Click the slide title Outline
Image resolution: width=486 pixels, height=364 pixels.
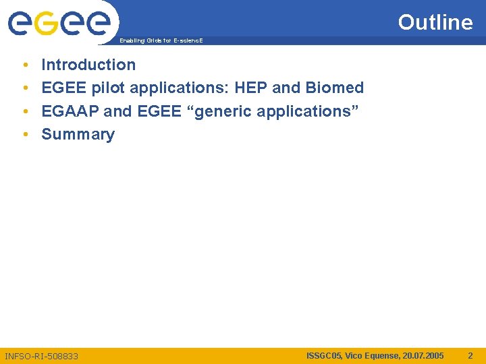435,22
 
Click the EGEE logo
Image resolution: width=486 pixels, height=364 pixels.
59,24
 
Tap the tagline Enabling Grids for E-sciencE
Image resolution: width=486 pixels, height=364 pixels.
161,41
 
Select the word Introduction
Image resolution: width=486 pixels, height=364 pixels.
88,65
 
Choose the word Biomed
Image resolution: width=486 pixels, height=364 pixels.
335,88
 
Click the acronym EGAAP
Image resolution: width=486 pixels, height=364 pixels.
70,111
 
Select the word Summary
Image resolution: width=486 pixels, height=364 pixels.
78,134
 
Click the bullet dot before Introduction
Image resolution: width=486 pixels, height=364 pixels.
25,65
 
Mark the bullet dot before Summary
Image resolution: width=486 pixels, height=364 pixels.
25,135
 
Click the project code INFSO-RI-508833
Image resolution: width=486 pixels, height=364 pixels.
41,355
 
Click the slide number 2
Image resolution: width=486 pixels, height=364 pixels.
470,355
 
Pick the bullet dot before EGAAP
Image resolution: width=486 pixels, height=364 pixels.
25,111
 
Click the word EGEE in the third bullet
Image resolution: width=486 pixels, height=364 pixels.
159,111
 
